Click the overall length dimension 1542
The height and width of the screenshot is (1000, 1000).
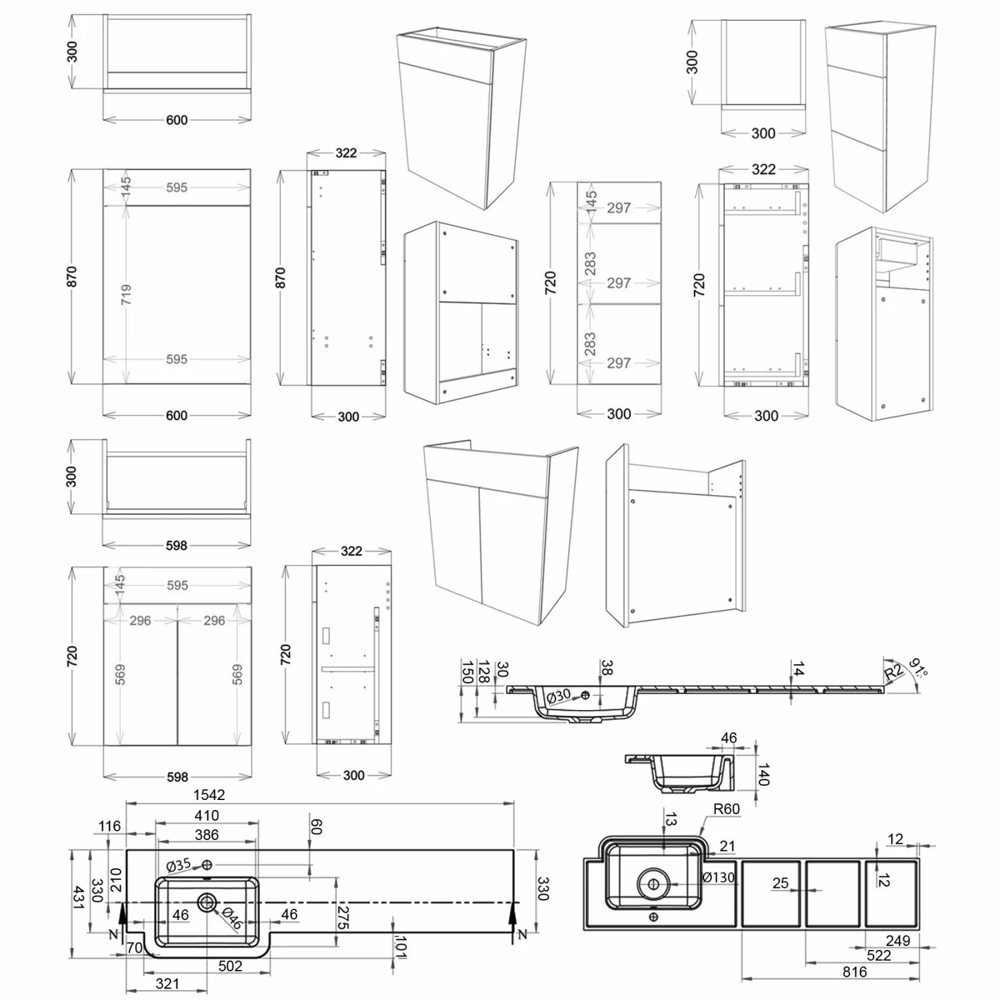[x=209, y=795]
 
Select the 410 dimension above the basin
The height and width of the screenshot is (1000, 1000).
[x=207, y=815]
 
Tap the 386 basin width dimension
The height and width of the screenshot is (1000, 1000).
[x=207, y=835]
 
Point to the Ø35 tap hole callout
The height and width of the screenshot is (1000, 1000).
[x=179, y=865]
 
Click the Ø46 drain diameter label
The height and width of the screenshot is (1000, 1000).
[x=231, y=919]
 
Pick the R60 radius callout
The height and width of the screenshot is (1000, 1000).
[x=726, y=809]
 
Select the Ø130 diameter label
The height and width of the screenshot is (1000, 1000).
[x=718, y=877]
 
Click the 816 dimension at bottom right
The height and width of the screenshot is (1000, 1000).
[x=854, y=972]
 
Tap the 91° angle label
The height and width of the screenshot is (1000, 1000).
[x=918, y=667]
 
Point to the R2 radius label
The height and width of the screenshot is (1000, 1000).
[x=893, y=672]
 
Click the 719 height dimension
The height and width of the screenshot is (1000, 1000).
[x=126, y=294]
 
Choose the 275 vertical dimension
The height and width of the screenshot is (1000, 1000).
[x=343, y=917]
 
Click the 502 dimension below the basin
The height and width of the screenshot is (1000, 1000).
[x=230, y=966]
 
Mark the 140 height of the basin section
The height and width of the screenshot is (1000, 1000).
[x=764, y=774]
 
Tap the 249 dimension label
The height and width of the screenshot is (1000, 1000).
[x=897, y=941]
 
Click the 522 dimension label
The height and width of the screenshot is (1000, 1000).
[x=879, y=955]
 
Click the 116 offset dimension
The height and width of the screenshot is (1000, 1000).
[x=109, y=827]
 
